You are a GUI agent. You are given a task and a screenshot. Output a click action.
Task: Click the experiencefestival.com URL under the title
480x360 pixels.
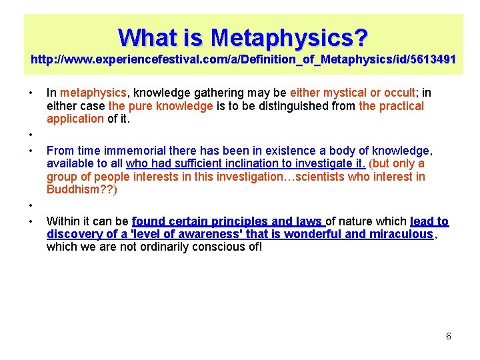pos(243,59)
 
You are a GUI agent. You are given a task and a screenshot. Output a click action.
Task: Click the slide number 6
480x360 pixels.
pos(448,336)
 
